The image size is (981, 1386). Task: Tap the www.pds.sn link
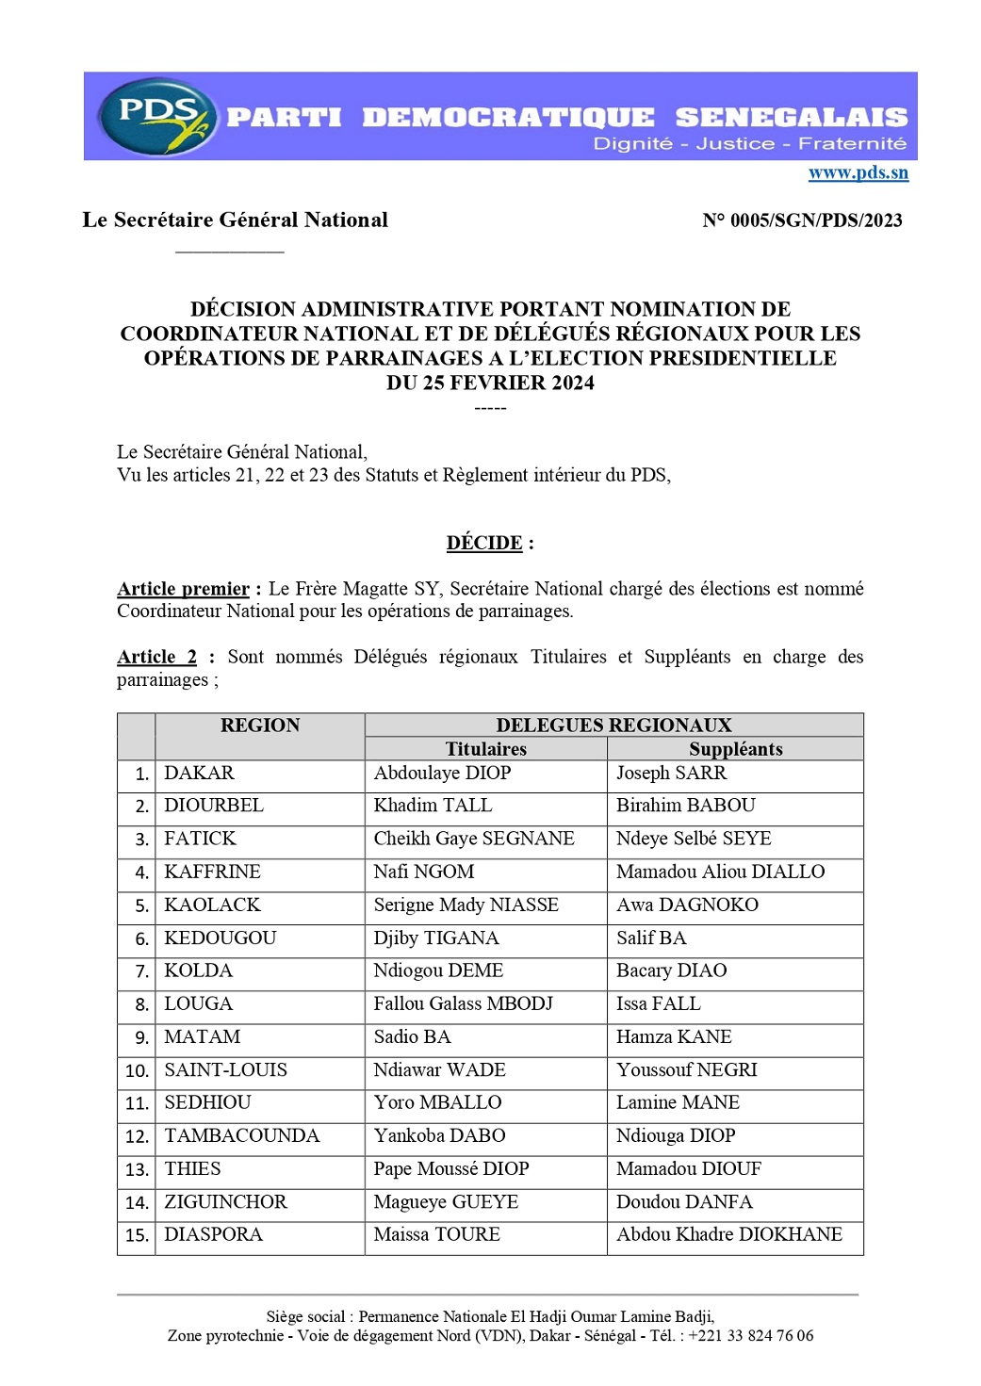[858, 172]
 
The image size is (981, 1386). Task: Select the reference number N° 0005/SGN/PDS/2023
[802, 220]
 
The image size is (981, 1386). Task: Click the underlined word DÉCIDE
[484, 544]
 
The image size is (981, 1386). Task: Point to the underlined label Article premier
[183, 589]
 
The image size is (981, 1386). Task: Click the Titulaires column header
[485, 749]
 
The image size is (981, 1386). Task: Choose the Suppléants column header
[735, 749]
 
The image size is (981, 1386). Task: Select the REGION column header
[259, 726]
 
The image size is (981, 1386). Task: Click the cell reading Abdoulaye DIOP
[442, 774]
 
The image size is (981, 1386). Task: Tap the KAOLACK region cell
[212, 905]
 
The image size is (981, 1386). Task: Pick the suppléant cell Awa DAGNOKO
[687, 905]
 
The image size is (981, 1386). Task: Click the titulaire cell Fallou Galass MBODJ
[463, 1004]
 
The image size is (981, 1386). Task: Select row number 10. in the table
[137, 1071]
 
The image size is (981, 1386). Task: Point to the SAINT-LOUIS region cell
[225, 1070]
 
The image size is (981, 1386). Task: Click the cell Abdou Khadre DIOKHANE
[728, 1235]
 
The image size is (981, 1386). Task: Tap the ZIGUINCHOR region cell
[225, 1202]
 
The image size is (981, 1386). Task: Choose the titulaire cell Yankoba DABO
[439, 1136]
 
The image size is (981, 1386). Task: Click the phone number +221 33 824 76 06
[750, 1336]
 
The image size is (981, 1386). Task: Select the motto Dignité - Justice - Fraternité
[749, 144]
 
